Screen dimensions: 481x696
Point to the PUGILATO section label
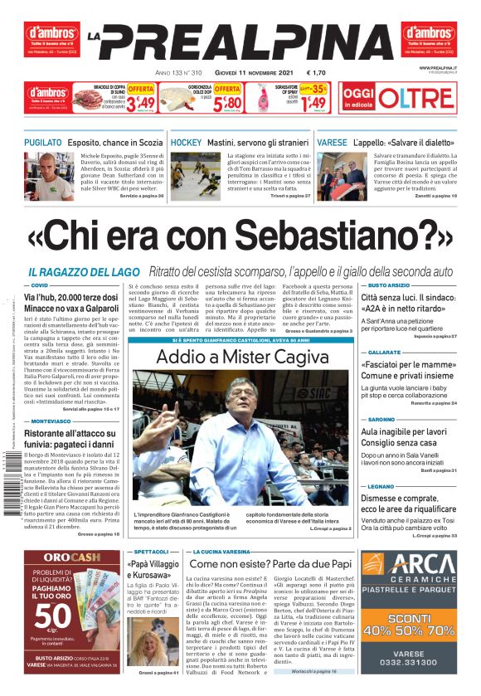click(43, 143)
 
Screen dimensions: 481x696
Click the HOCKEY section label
click(186, 143)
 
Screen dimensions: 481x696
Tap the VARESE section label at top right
click(332, 143)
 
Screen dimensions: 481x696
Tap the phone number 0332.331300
click(408, 661)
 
